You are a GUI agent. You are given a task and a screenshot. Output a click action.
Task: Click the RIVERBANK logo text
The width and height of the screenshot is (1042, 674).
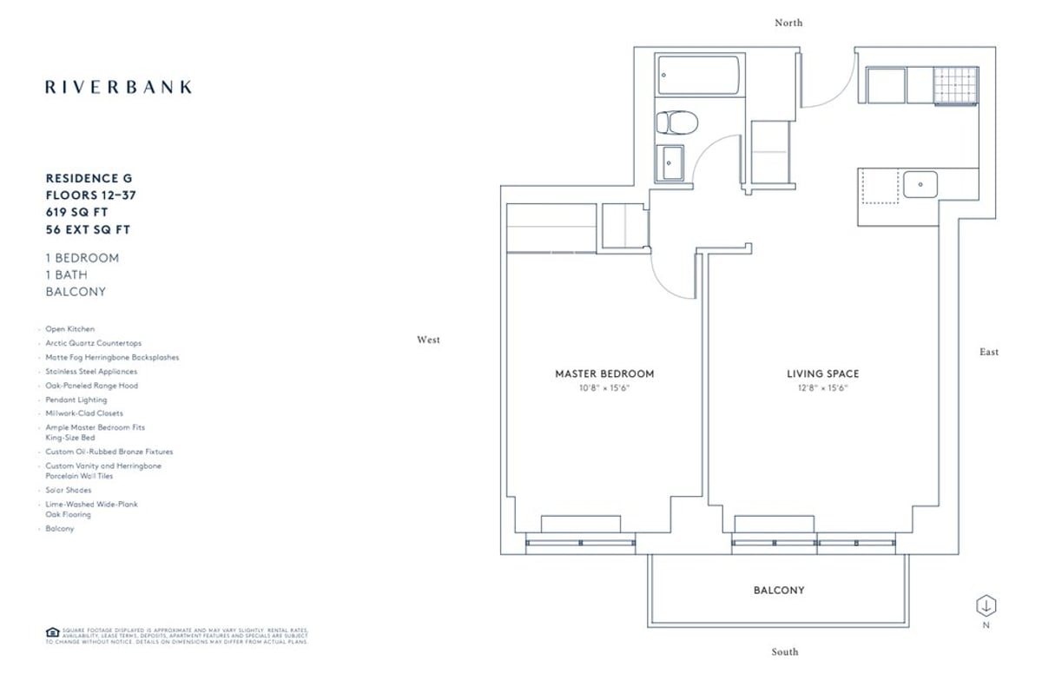[119, 87]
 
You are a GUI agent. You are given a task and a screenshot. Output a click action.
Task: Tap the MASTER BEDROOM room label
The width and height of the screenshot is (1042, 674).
[604, 373]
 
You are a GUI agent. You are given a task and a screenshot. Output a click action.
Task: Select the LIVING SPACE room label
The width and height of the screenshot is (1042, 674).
[822, 373]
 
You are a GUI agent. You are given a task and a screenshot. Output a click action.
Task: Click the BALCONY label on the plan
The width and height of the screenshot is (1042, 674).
[778, 590]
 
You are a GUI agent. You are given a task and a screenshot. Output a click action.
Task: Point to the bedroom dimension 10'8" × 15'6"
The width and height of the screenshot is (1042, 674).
[604, 388]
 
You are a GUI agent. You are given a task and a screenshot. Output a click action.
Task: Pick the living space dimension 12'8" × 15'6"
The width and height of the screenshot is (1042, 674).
[822, 388]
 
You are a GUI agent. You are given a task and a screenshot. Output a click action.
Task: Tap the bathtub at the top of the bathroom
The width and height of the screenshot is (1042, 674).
[698, 76]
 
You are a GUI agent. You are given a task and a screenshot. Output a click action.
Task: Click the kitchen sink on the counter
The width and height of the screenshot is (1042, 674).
[920, 184]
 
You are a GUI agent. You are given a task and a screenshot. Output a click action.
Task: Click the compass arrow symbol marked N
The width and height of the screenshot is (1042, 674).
[987, 605]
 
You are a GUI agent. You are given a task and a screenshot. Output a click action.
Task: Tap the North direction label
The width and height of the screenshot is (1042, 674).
[788, 23]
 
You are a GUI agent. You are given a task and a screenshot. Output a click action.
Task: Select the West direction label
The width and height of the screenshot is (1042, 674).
[428, 340]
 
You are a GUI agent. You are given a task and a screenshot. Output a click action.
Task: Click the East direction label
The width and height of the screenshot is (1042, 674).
[988, 352]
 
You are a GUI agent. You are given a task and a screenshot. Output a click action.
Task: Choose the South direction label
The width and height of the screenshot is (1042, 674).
[784, 651]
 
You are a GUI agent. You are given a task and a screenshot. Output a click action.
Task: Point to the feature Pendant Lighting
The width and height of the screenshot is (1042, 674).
[76, 400]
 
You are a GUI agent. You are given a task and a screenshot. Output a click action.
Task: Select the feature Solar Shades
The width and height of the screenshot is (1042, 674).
[69, 490]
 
